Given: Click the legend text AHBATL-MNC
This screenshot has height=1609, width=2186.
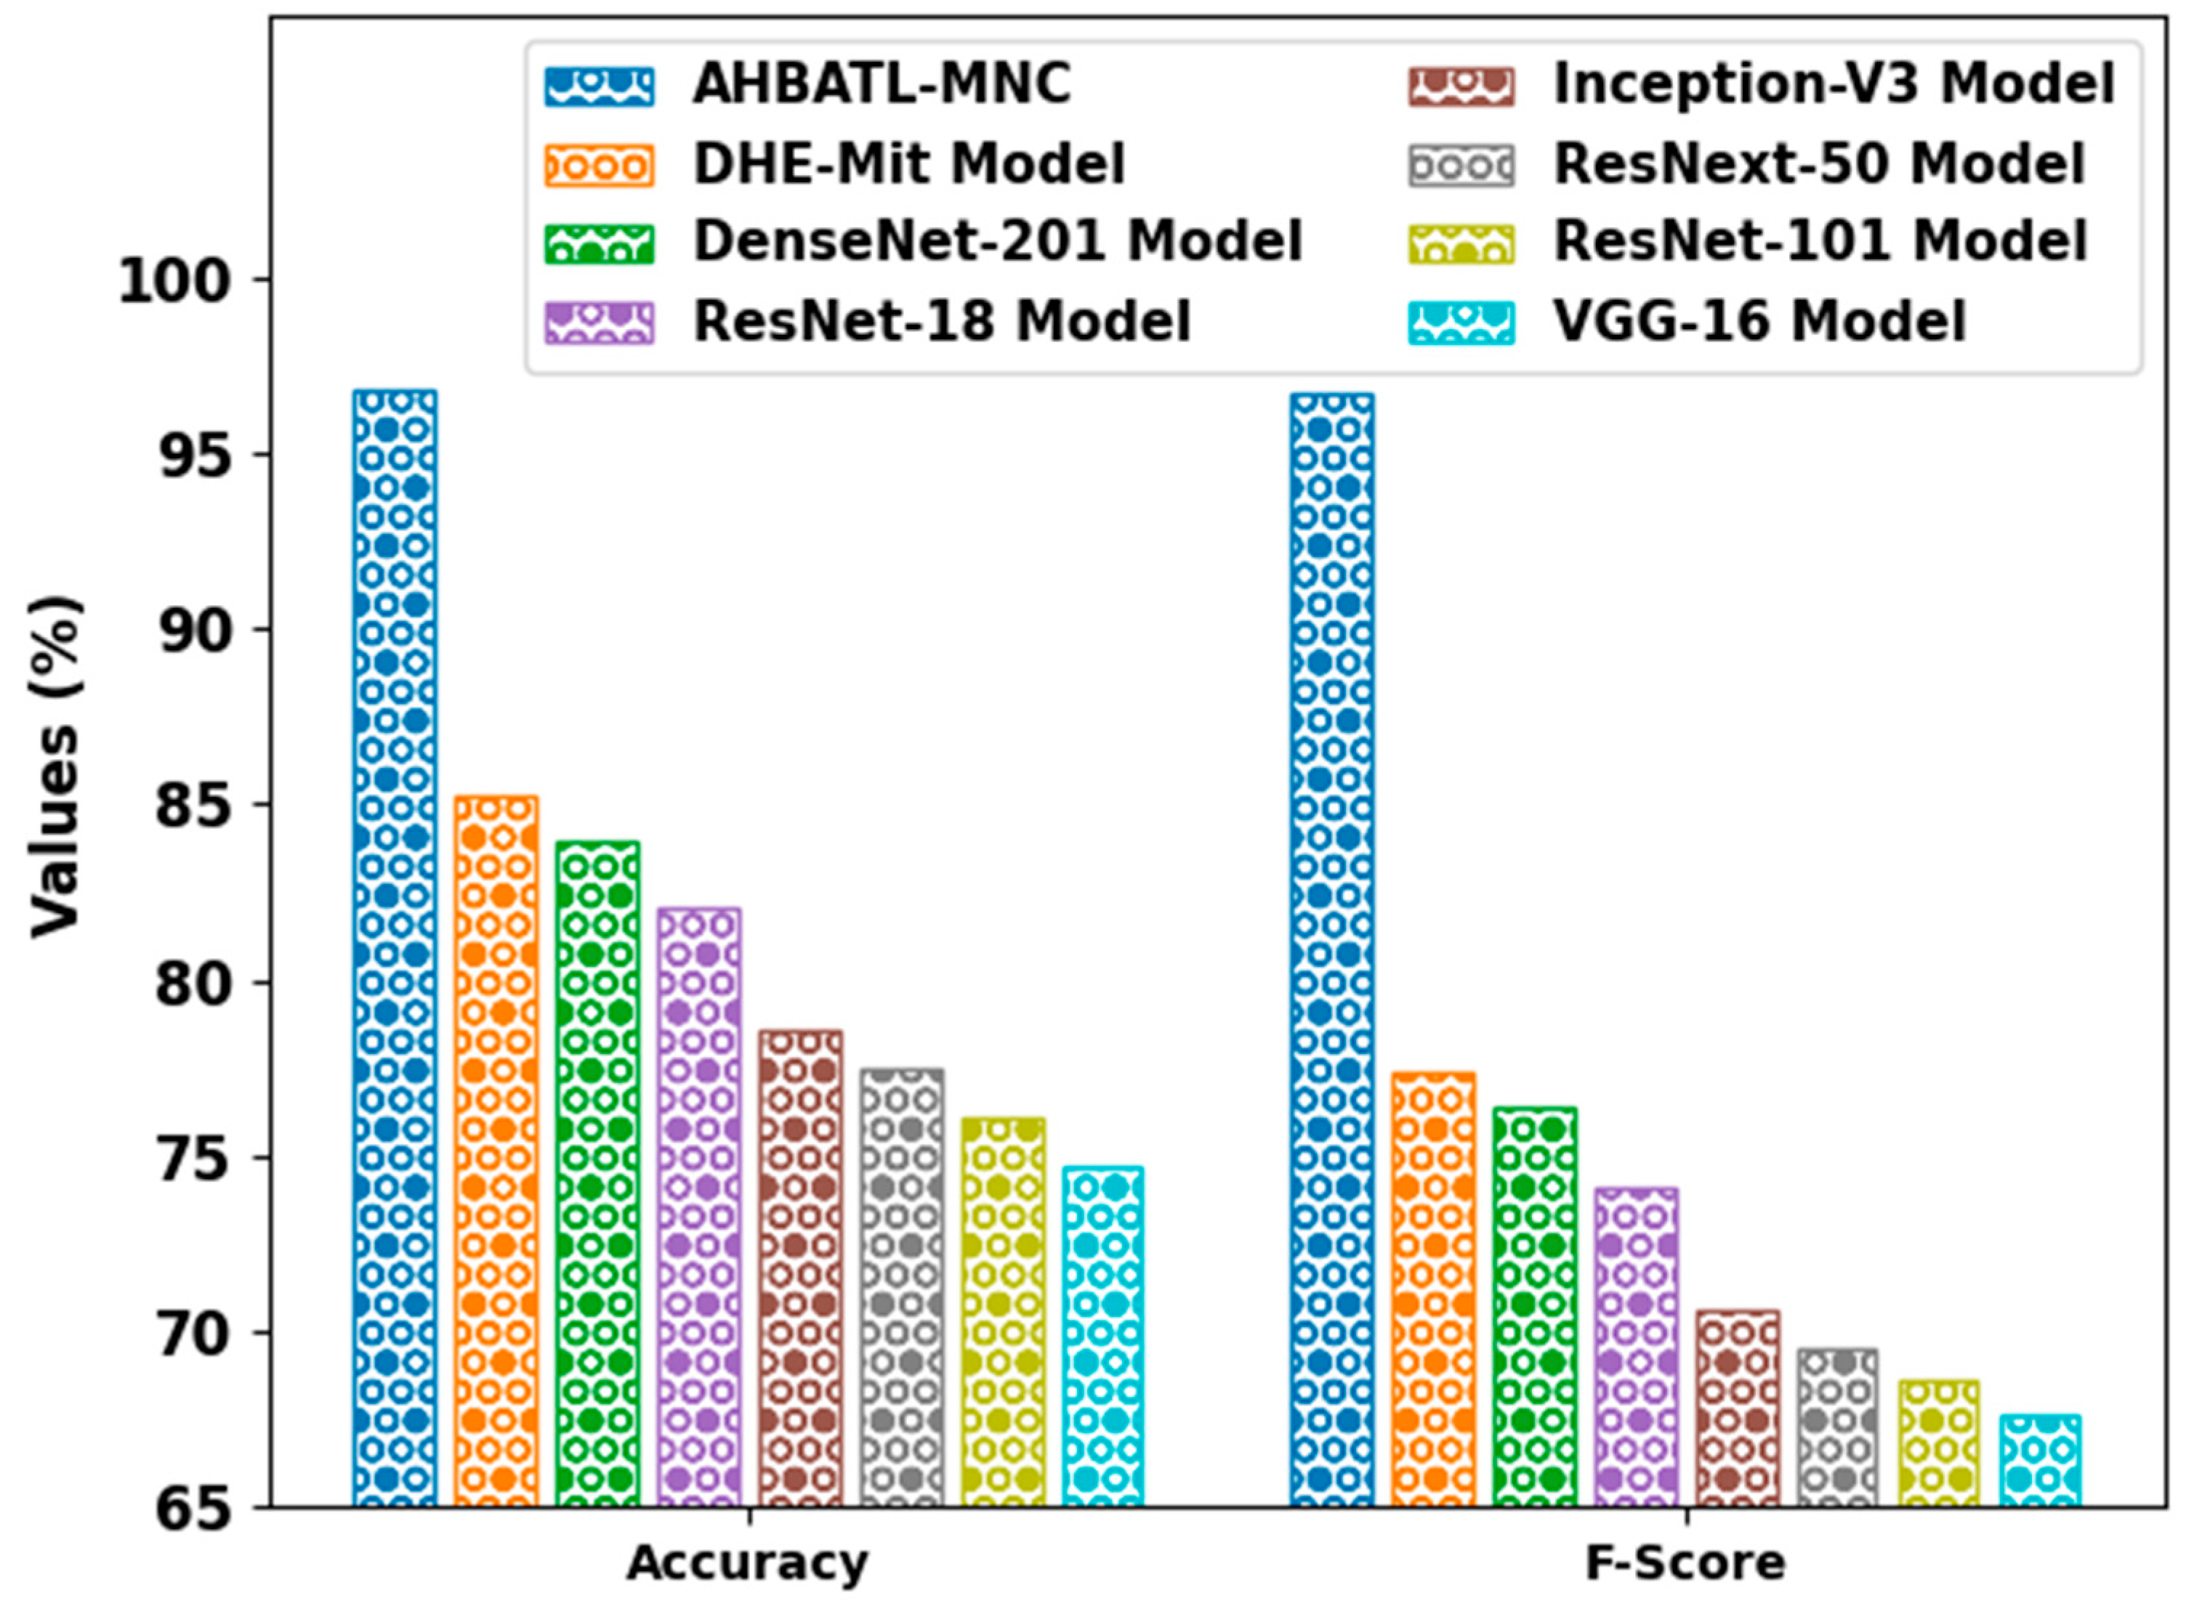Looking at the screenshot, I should [882, 85].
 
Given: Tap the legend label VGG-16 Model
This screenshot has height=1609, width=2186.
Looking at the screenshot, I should [1759, 321].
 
